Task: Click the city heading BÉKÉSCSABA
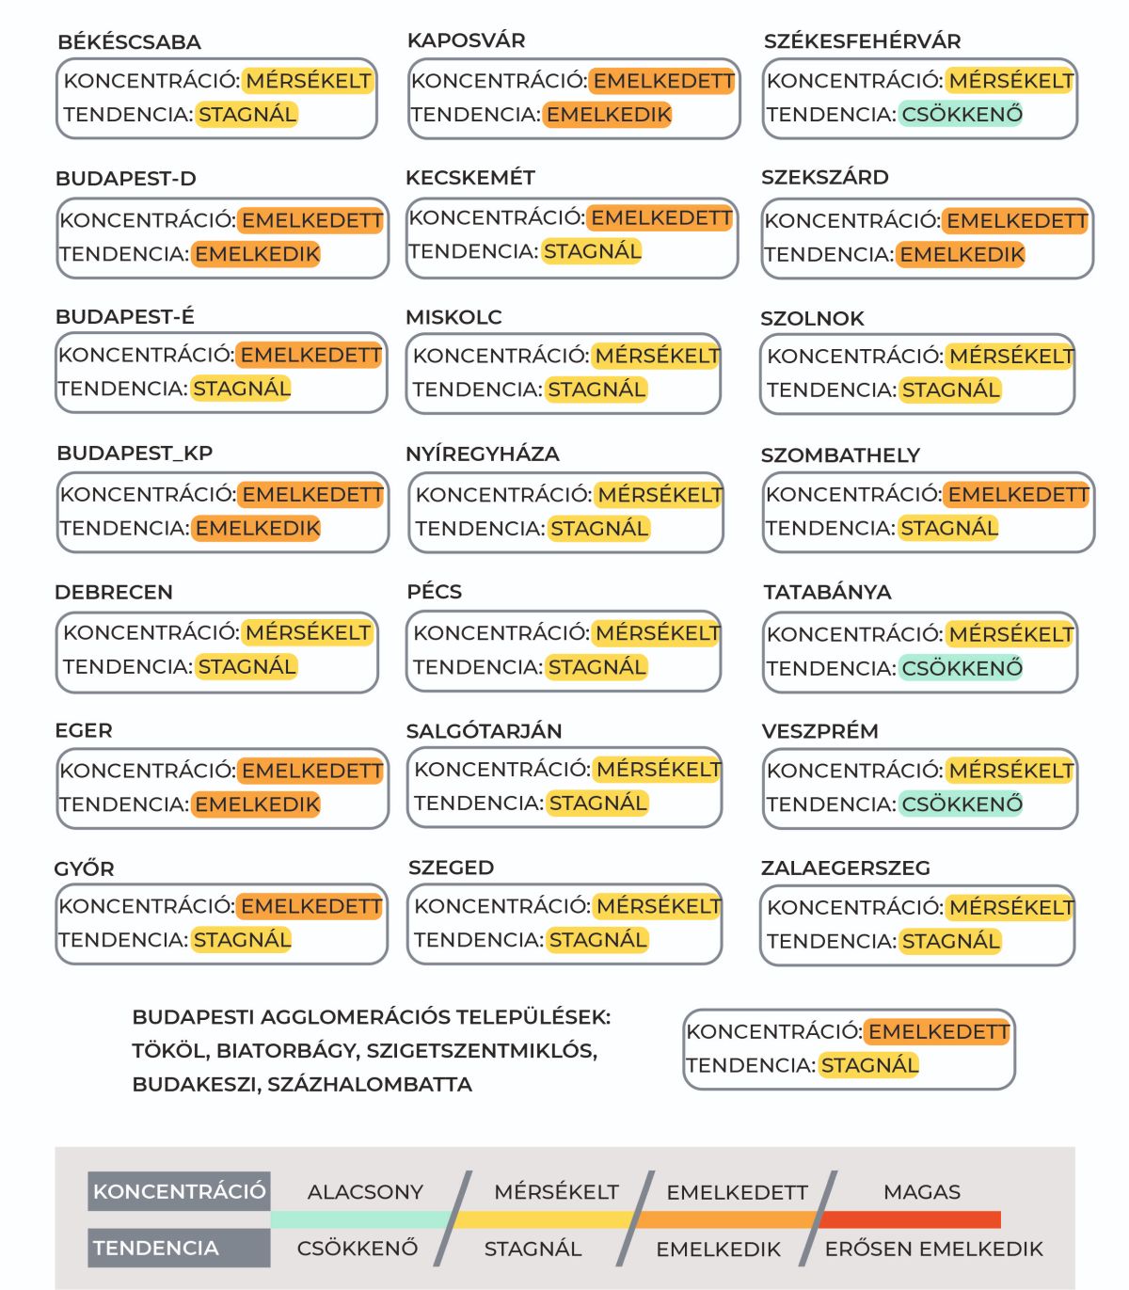tap(129, 42)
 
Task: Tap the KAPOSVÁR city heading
tap(466, 40)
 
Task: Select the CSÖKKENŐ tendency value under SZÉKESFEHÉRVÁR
tap(962, 115)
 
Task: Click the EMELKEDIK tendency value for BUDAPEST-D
tap(257, 254)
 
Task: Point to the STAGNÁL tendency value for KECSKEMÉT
tap(592, 251)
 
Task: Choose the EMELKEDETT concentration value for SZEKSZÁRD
tap(1016, 221)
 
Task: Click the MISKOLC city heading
tap(453, 317)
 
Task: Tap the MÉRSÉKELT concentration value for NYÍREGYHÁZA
tap(660, 495)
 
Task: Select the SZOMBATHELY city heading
tap(839, 455)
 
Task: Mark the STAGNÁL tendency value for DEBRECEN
tap(246, 667)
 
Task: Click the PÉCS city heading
tap(434, 592)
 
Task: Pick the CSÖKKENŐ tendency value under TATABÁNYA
tap(962, 669)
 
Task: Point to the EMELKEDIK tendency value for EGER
tap(257, 805)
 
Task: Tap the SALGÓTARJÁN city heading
tap(484, 731)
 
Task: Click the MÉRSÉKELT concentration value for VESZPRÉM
tap(1010, 772)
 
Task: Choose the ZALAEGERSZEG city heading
tap(845, 868)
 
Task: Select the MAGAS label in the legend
tap(921, 1192)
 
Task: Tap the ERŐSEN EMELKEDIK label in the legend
tap(933, 1250)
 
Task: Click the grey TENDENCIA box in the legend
tap(179, 1249)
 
